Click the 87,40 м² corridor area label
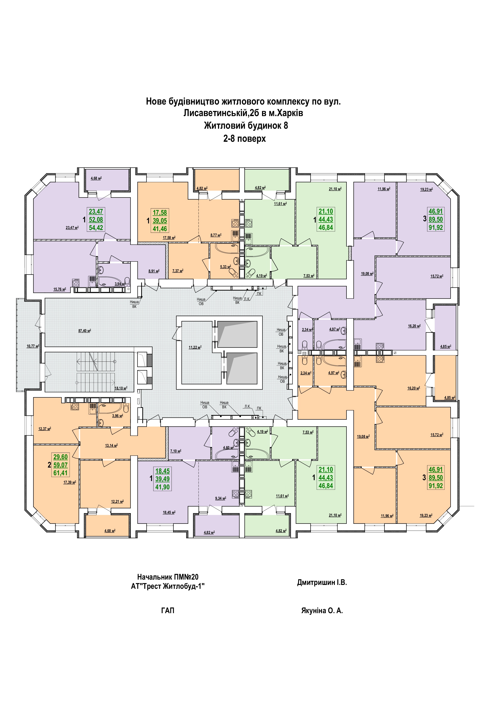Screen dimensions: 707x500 tap(85, 331)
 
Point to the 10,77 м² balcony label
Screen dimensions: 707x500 tap(33, 346)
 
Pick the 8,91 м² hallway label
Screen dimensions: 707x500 tap(154, 271)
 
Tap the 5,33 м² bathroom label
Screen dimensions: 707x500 tap(225, 267)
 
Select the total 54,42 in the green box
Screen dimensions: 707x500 tap(96, 228)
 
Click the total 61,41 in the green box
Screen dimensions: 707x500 tap(60, 473)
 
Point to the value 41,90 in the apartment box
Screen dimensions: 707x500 tap(162, 487)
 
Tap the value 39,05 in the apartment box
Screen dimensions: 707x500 tap(160, 221)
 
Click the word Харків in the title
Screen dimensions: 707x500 tap(289, 113)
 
